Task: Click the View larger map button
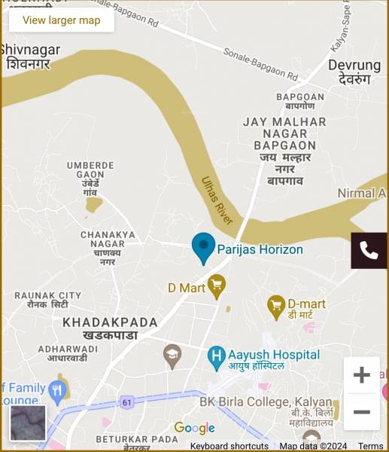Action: coord(61,20)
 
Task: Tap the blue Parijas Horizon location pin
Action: coord(203,247)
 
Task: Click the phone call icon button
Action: coord(369,251)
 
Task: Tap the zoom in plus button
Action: coord(362,375)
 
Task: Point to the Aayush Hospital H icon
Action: coord(217,355)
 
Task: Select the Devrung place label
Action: coord(354,72)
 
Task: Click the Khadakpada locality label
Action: coord(110,328)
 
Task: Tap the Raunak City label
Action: coord(47,300)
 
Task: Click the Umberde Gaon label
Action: coord(90,178)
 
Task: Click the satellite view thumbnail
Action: coord(28,423)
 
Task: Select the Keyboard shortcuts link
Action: coord(229,446)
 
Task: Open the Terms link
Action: coord(371,446)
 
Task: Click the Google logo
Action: coord(194,428)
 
